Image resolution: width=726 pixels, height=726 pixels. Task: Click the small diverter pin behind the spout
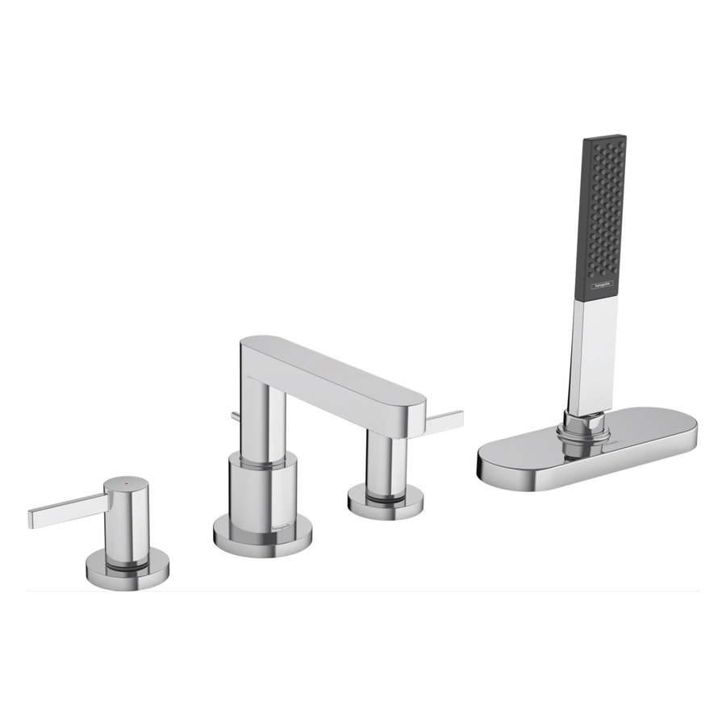(x=234, y=416)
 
